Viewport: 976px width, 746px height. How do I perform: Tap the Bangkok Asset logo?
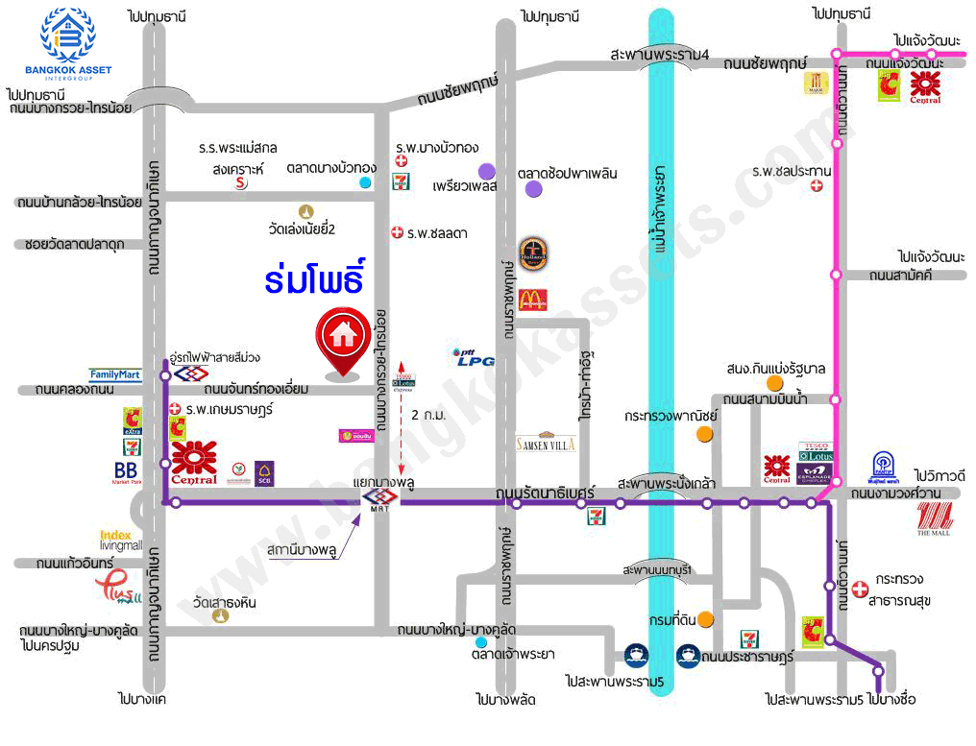tap(68, 43)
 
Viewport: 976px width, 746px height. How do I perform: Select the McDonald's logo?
tap(532, 300)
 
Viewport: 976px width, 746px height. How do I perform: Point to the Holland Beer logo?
tap(532, 255)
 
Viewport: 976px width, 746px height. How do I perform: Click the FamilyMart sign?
tap(116, 374)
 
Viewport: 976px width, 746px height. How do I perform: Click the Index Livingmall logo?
tap(120, 540)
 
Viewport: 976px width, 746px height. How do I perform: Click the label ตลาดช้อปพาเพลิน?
tap(567, 174)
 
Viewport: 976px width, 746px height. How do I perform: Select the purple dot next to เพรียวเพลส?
tap(487, 171)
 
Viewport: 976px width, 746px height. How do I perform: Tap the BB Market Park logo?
tap(126, 472)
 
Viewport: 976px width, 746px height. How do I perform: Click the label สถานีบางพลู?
tap(303, 552)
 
